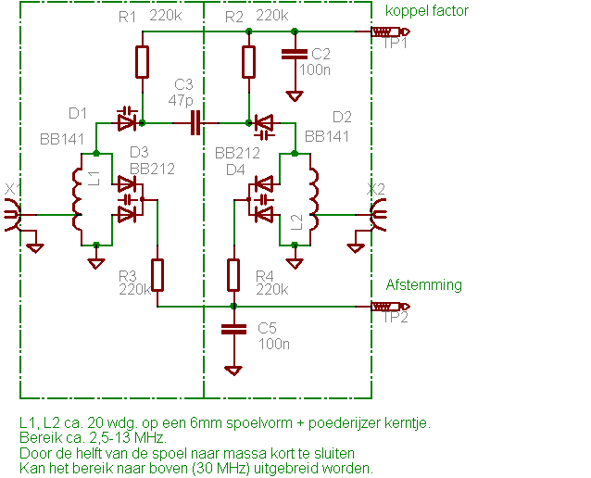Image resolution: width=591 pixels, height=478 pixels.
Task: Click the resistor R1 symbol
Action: click(142, 62)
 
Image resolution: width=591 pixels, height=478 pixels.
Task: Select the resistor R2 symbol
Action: click(248, 62)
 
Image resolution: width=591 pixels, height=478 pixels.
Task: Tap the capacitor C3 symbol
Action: click(195, 123)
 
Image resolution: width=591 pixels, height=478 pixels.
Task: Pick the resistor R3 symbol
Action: click(158, 275)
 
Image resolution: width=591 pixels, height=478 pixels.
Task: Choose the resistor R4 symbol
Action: click(234, 275)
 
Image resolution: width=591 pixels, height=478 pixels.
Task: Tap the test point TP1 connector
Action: click(384, 33)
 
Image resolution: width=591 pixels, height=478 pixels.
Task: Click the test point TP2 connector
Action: click(384, 307)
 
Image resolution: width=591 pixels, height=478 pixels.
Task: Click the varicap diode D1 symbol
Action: click(127, 119)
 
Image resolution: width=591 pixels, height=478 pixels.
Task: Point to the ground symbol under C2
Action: click(295, 95)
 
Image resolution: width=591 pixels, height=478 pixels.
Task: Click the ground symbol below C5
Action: click(234, 370)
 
